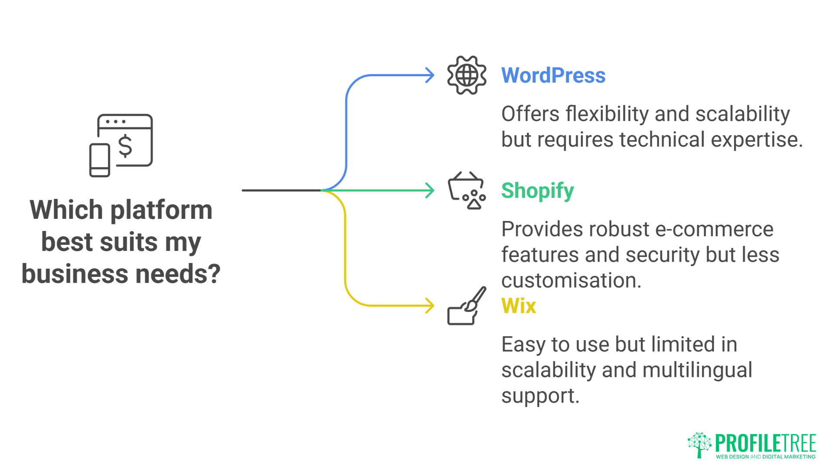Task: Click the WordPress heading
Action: tap(553, 75)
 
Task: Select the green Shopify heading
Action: tap(537, 191)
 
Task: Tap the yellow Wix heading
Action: tap(519, 306)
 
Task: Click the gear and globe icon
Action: tap(467, 75)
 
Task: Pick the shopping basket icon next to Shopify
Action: tap(466, 191)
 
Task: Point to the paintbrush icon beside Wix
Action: tap(467, 306)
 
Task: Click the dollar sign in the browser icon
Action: tap(125, 146)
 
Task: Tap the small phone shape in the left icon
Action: tap(100, 160)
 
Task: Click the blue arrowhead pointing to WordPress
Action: tap(430, 75)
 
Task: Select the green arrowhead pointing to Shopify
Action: tap(430, 191)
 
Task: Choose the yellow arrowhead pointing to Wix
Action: tap(430, 306)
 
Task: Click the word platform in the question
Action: tap(161, 211)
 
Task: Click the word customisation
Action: tap(571, 281)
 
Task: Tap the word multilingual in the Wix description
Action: tap(697, 370)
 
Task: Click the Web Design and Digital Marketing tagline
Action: tap(766, 457)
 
